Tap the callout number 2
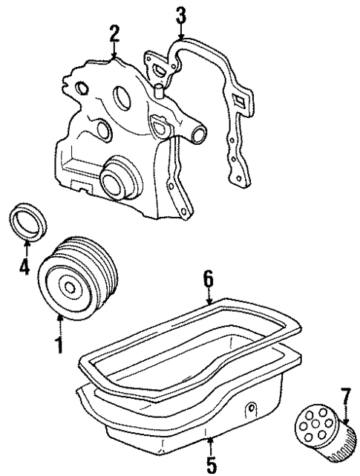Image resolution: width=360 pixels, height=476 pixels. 114,33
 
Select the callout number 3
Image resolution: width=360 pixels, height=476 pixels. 180,15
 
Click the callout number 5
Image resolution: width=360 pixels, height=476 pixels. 211,464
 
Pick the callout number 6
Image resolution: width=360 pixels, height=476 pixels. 209,278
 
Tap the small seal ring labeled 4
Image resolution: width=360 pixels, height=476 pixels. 28,224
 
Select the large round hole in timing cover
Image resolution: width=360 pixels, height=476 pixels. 122,102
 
